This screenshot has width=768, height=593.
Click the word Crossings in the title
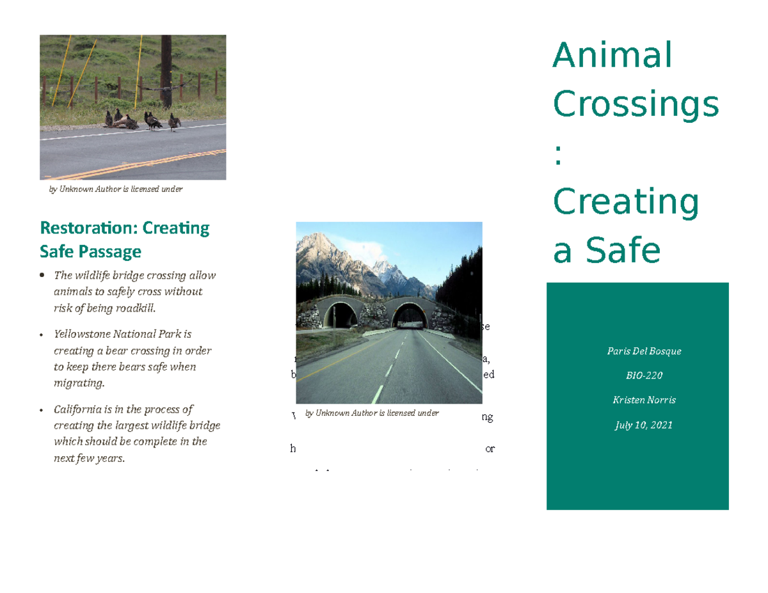[x=636, y=104]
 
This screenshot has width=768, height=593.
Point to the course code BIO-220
[x=637, y=376]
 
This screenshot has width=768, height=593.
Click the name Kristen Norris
[x=637, y=400]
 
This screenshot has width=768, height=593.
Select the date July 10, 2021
[x=637, y=425]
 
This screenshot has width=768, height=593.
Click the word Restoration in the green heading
[x=88, y=228]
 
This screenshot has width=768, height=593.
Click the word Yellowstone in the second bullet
[x=82, y=334]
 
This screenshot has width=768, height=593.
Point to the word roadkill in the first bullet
[x=134, y=308]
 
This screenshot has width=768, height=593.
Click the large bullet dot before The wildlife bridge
[x=42, y=276]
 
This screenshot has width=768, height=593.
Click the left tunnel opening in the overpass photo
[x=340, y=315]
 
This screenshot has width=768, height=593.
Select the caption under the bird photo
[x=116, y=189]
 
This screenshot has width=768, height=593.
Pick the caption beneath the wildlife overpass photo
[x=372, y=413]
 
